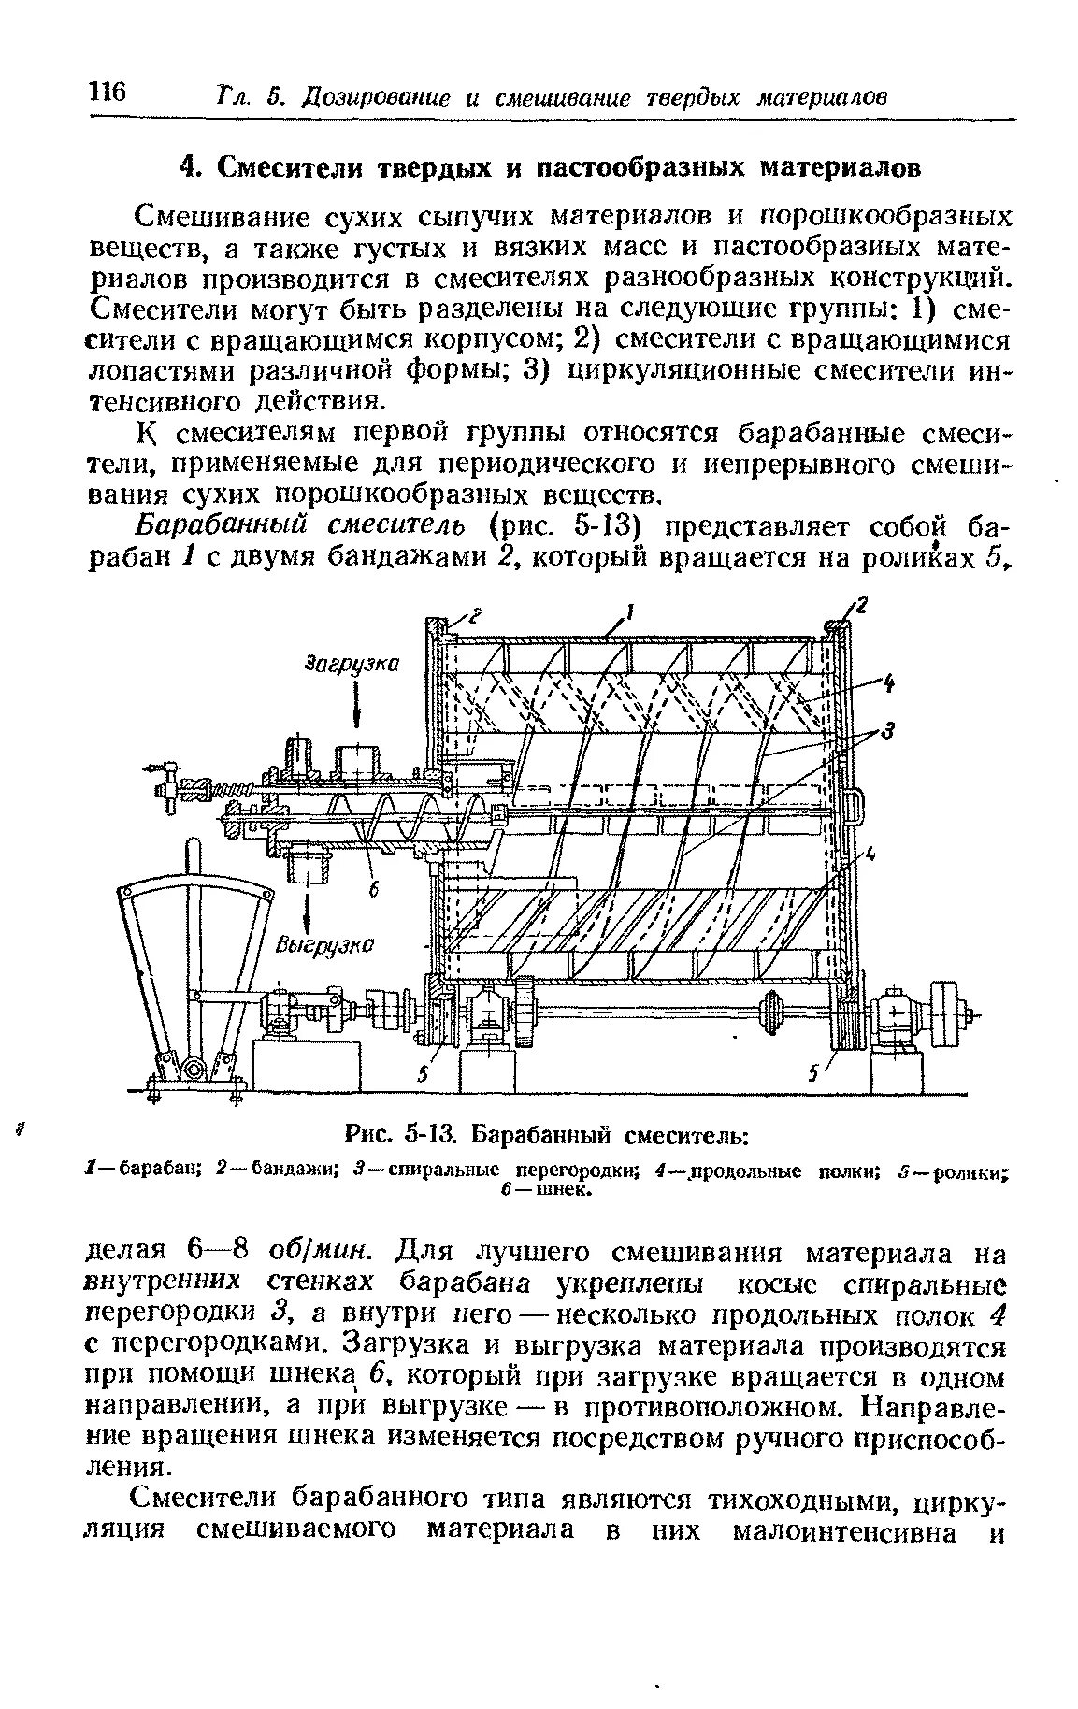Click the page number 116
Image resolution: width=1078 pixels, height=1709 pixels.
(108, 91)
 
